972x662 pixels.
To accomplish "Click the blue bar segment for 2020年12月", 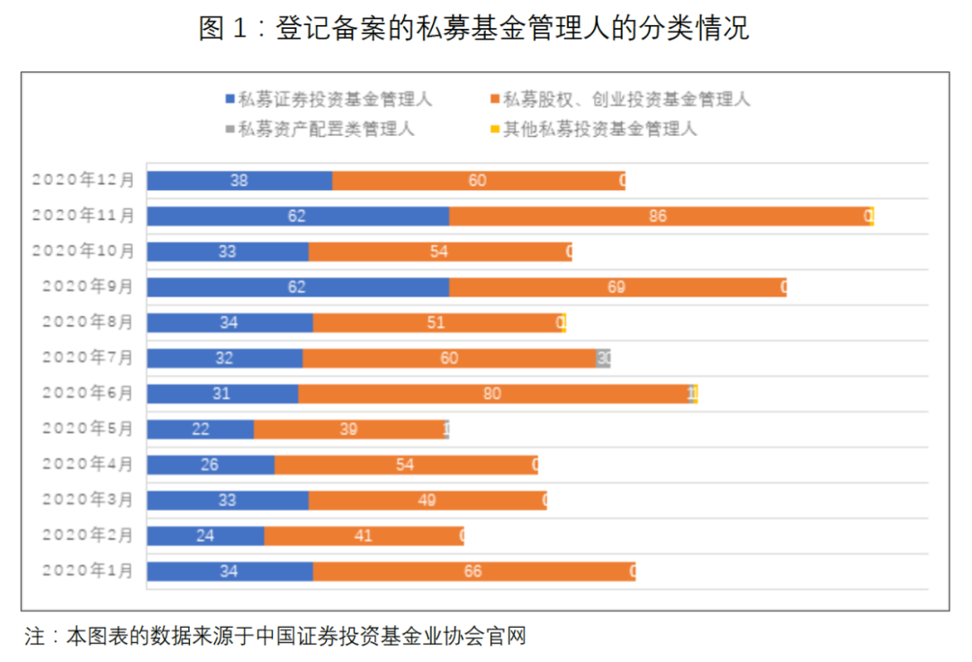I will tap(239, 180).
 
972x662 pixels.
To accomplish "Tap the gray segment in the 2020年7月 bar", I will tap(603, 358).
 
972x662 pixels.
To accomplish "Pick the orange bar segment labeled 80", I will tap(493, 394).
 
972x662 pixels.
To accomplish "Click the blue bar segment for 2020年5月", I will tap(200, 429).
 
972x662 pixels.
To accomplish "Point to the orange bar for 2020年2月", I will tap(363, 536).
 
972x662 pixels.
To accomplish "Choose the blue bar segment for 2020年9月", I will tap(298, 287).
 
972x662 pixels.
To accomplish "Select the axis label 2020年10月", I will tap(84, 251).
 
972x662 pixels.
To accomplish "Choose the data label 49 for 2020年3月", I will tap(427, 500).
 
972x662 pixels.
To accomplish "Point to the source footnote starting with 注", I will tap(274, 638).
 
